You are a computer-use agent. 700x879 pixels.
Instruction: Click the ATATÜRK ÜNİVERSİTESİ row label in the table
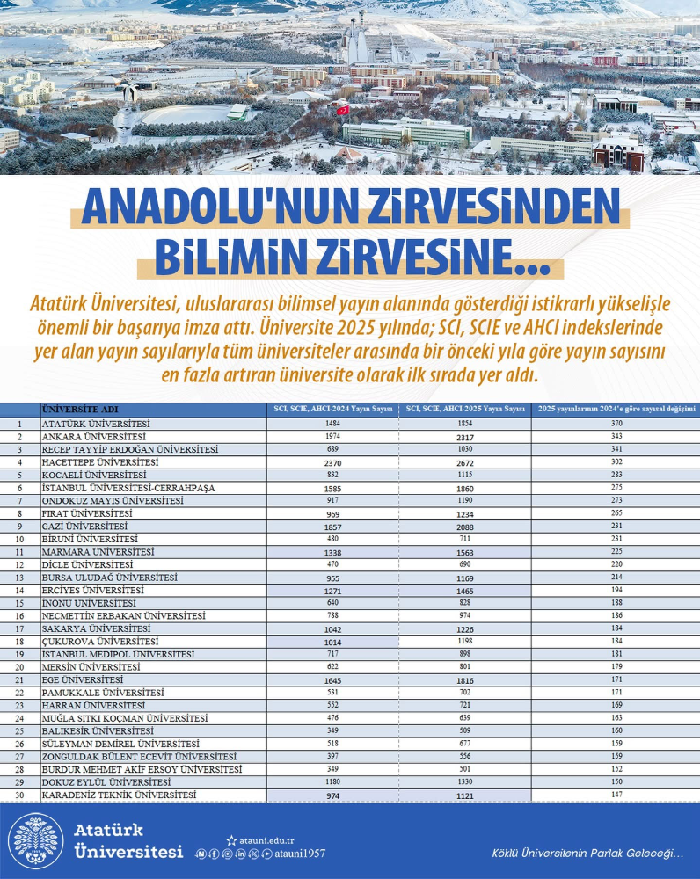click(97, 424)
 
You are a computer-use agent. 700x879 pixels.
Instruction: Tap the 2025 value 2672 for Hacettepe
click(465, 462)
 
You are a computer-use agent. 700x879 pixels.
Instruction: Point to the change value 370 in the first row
click(616, 424)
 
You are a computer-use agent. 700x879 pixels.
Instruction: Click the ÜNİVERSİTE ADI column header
click(80, 410)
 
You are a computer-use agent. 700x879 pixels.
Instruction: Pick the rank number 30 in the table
click(19, 795)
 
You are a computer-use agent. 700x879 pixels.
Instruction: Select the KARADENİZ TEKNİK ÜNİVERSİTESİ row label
click(120, 795)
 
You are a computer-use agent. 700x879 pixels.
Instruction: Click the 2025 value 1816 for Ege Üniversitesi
click(465, 679)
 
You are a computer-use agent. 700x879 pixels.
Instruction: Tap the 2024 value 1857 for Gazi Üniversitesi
click(332, 526)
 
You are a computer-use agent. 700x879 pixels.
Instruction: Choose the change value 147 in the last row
click(616, 795)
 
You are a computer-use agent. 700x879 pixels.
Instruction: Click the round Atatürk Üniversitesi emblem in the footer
click(37, 841)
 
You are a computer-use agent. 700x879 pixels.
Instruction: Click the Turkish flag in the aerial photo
click(342, 110)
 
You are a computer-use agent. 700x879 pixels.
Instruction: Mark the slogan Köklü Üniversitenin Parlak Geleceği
click(587, 854)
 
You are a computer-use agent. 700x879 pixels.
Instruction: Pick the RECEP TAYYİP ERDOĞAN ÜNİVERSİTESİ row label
click(130, 449)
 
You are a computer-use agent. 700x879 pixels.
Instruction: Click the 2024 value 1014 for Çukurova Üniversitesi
click(332, 642)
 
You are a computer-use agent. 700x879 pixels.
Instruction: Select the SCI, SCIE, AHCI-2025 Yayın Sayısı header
click(465, 410)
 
